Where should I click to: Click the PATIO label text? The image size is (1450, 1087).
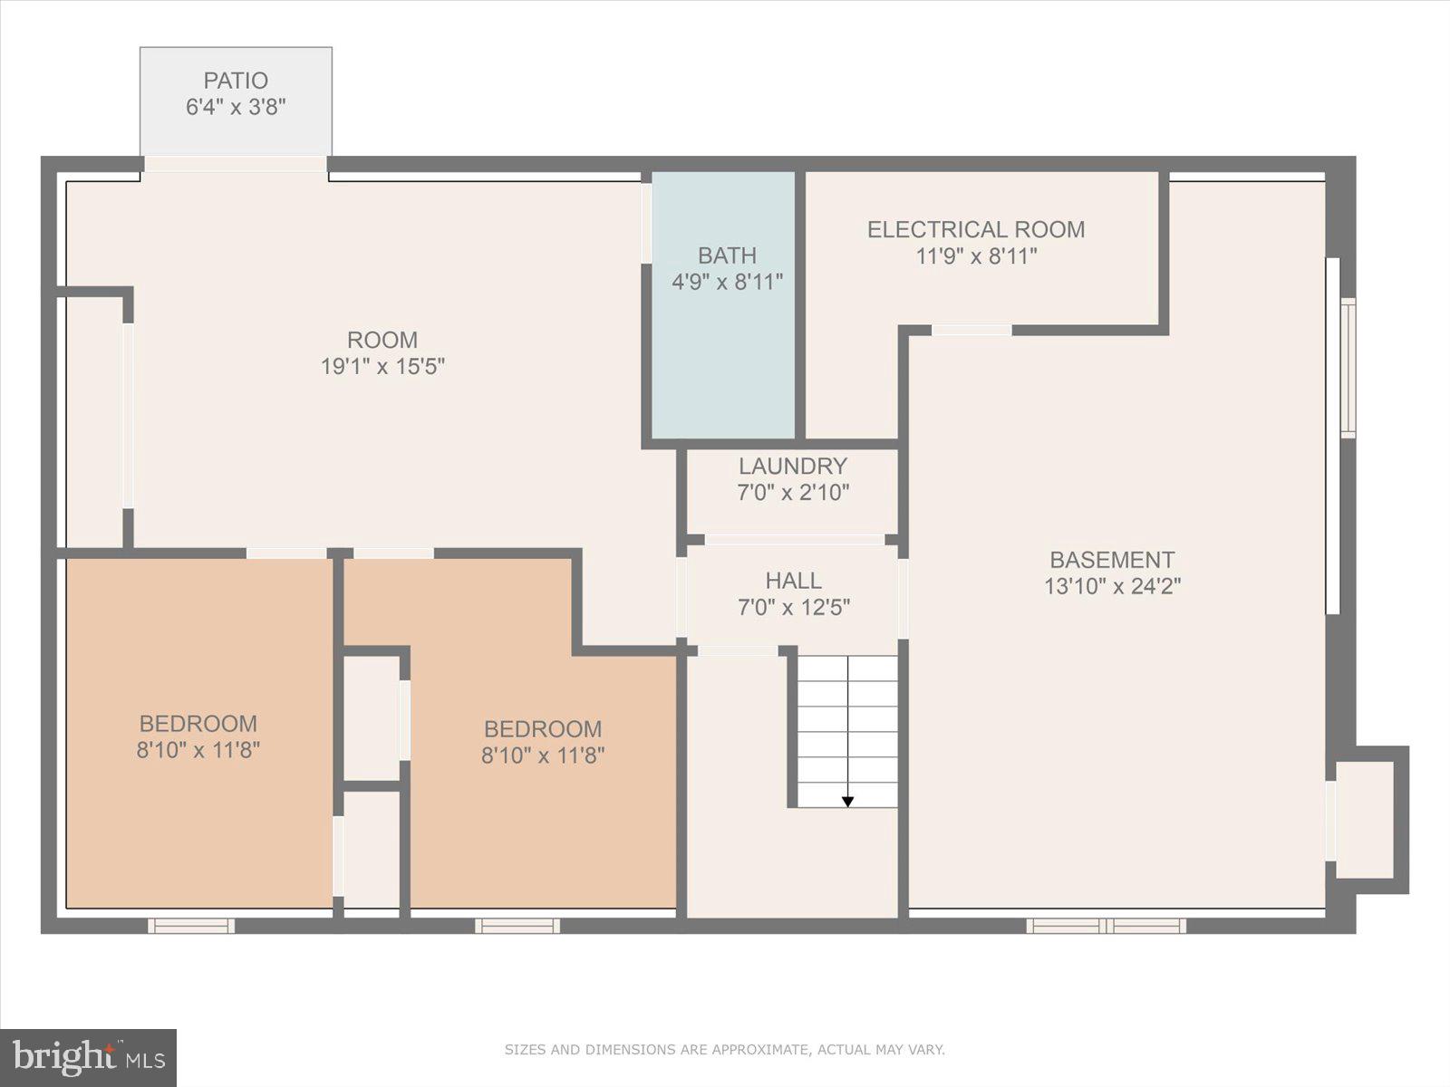pyautogui.click(x=235, y=81)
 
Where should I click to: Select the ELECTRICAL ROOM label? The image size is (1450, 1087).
pyautogui.click(x=976, y=230)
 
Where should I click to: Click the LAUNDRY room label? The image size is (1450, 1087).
pyautogui.click(x=792, y=467)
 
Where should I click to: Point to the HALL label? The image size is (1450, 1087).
pyautogui.click(x=793, y=581)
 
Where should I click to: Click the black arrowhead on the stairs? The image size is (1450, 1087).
pyautogui.click(x=847, y=801)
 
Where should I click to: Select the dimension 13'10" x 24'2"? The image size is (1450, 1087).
pyautogui.click(x=1112, y=586)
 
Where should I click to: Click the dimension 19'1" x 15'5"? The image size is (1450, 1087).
pyautogui.click(x=382, y=367)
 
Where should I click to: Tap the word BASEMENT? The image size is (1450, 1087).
pyautogui.click(x=1112, y=560)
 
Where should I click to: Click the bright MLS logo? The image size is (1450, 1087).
pyautogui.click(x=88, y=1057)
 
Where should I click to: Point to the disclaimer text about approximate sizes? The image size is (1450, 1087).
pyautogui.click(x=724, y=1050)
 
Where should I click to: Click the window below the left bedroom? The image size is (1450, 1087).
pyautogui.click(x=191, y=925)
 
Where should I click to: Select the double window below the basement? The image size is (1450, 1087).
pyautogui.click(x=1106, y=925)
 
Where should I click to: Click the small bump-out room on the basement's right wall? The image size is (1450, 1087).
pyautogui.click(x=1365, y=819)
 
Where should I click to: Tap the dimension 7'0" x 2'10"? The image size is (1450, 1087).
pyautogui.click(x=793, y=493)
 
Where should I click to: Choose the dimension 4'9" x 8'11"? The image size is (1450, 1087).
pyautogui.click(x=727, y=283)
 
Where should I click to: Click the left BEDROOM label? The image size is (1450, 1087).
pyautogui.click(x=198, y=724)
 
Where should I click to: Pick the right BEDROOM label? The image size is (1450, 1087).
pyautogui.click(x=542, y=729)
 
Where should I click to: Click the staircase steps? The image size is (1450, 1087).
pyautogui.click(x=847, y=725)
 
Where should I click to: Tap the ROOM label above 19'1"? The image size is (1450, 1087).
pyautogui.click(x=382, y=341)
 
